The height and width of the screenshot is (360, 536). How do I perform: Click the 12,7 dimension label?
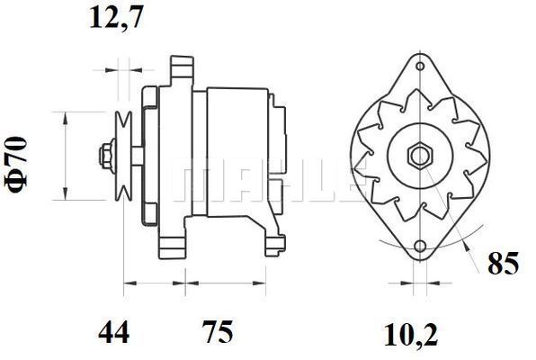116,18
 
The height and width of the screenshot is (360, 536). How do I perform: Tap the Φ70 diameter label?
15,165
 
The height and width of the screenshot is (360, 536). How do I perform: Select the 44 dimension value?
114,332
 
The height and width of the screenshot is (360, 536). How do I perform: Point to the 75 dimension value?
218,332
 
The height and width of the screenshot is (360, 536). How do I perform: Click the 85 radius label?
504,263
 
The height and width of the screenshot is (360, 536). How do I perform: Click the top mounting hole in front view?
420,66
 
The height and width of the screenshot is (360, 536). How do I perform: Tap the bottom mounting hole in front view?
420,246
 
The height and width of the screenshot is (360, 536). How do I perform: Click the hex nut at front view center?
420,157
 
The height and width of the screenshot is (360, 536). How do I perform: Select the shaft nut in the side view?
107,156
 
